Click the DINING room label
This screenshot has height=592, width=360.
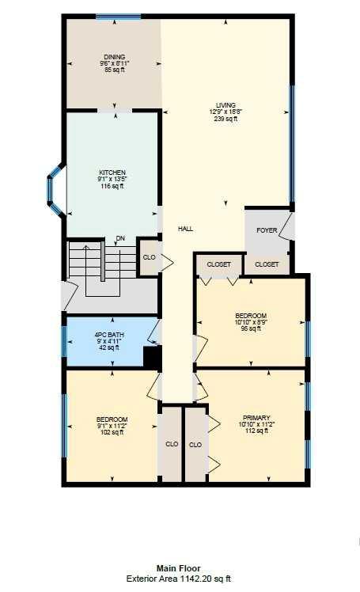pos(115,57)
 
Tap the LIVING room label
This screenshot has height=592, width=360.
pos(225,105)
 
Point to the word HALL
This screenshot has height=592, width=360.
pos(186,229)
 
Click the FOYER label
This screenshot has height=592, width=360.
pos(267,230)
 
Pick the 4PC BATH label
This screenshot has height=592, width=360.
pos(109,335)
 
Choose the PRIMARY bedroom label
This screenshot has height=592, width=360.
pos(256,418)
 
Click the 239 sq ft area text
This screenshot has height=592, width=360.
pos(225,119)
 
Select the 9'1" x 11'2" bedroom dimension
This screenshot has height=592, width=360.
pos(112,426)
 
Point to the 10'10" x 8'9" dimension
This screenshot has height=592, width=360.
pos(251,322)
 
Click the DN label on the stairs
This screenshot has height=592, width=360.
pos(120,238)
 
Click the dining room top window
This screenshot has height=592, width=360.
pos(119,17)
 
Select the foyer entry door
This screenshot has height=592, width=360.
pos(287,227)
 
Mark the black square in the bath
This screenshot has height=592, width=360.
pos(153,357)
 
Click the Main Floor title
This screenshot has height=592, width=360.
pos(179,567)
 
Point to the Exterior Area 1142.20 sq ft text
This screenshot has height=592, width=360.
pos(179,579)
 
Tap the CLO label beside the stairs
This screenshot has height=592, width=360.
pos(150,257)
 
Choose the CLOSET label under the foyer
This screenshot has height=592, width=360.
pos(267,264)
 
